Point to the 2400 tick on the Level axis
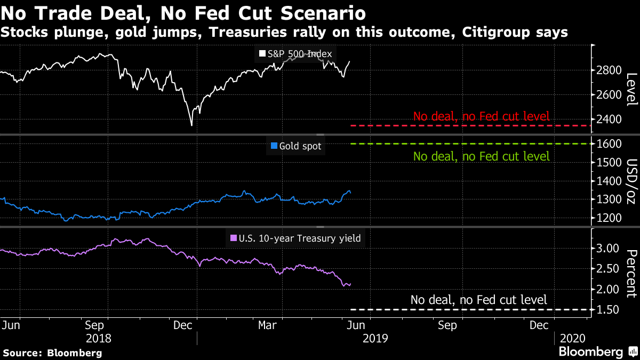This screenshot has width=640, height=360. [x=608, y=119]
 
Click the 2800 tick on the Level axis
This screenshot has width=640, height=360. [x=608, y=70]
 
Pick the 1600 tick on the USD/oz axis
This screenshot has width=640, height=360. [x=608, y=144]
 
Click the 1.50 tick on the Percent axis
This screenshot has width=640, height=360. [x=608, y=310]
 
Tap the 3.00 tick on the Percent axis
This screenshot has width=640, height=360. [x=608, y=249]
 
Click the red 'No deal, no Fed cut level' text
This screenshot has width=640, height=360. [x=481, y=117]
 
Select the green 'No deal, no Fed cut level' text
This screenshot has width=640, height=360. [x=481, y=157]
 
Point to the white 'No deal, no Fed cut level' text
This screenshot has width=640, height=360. [x=478, y=300]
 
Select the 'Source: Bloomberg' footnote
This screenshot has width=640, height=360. [x=52, y=353]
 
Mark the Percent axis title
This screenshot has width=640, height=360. [x=631, y=273]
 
